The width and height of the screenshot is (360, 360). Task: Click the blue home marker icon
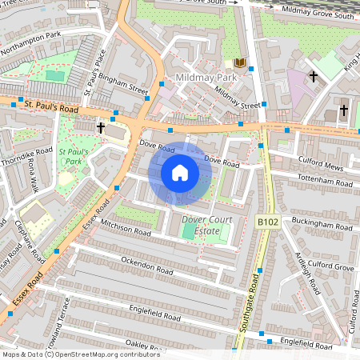(180, 172)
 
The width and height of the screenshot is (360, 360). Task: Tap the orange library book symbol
(240, 62)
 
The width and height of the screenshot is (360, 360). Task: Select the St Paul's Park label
(74, 156)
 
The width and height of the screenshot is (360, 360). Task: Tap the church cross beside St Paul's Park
(102, 127)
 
